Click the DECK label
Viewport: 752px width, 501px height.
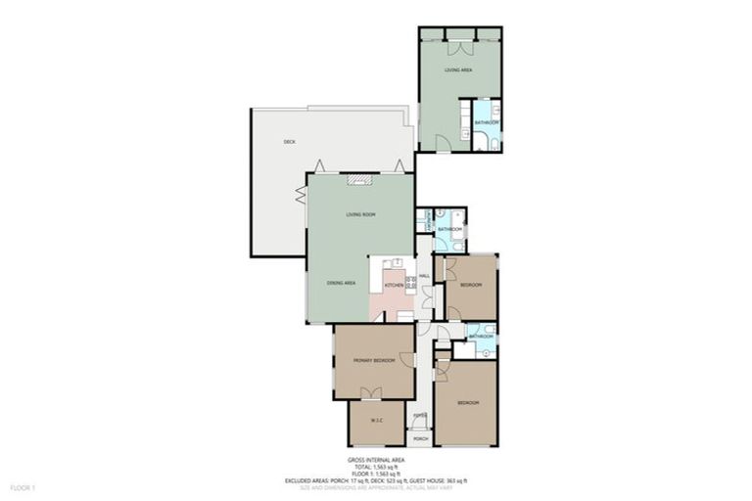[x=289, y=142]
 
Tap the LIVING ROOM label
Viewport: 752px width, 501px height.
[x=360, y=214]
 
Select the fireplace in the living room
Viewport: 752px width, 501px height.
[x=360, y=179]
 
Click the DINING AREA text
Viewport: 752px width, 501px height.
[x=341, y=283]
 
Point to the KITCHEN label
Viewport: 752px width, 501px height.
[x=394, y=285]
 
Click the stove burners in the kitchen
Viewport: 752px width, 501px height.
[x=411, y=283]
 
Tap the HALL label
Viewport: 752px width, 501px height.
[x=425, y=277]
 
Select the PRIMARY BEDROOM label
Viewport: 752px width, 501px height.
[x=373, y=360]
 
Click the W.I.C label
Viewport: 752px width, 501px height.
[x=376, y=422]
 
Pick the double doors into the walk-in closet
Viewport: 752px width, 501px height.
[x=369, y=394]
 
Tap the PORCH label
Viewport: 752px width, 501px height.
[x=420, y=439]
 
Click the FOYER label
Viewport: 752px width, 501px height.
[x=420, y=416]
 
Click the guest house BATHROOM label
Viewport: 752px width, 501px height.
[x=487, y=122]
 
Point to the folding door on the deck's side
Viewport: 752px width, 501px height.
[x=302, y=192]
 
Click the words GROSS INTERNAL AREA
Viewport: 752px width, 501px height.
[x=376, y=459]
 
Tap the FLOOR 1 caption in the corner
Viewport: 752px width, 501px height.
[x=23, y=486]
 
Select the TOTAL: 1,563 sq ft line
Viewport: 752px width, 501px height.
[x=376, y=467]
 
